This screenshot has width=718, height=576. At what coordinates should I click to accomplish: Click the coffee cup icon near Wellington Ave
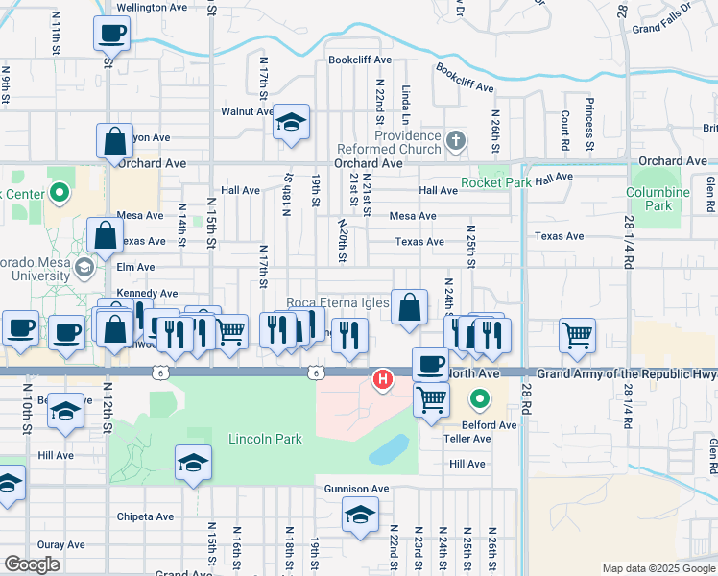[x=112, y=34]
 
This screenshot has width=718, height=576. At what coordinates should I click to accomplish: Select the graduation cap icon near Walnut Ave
[x=291, y=122]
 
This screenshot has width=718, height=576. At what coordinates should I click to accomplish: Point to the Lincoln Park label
[x=265, y=440]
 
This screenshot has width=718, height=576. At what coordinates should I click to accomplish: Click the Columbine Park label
[x=658, y=199]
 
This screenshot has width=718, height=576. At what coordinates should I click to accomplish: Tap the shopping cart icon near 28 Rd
[x=577, y=335]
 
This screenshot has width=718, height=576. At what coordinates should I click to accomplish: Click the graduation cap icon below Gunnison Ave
[x=360, y=516]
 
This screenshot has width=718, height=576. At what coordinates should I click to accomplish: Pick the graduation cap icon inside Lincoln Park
[x=193, y=464]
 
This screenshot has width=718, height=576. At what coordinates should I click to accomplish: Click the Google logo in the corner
[x=32, y=564]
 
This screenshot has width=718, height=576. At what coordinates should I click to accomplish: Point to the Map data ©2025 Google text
[x=658, y=568]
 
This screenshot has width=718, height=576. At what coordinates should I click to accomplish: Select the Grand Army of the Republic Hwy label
[x=626, y=372]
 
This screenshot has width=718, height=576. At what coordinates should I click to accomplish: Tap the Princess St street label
[x=589, y=116]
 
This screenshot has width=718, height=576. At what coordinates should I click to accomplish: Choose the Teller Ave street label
[x=467, y=439]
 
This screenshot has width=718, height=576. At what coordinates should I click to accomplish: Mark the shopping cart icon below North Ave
[x=432, y=398]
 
